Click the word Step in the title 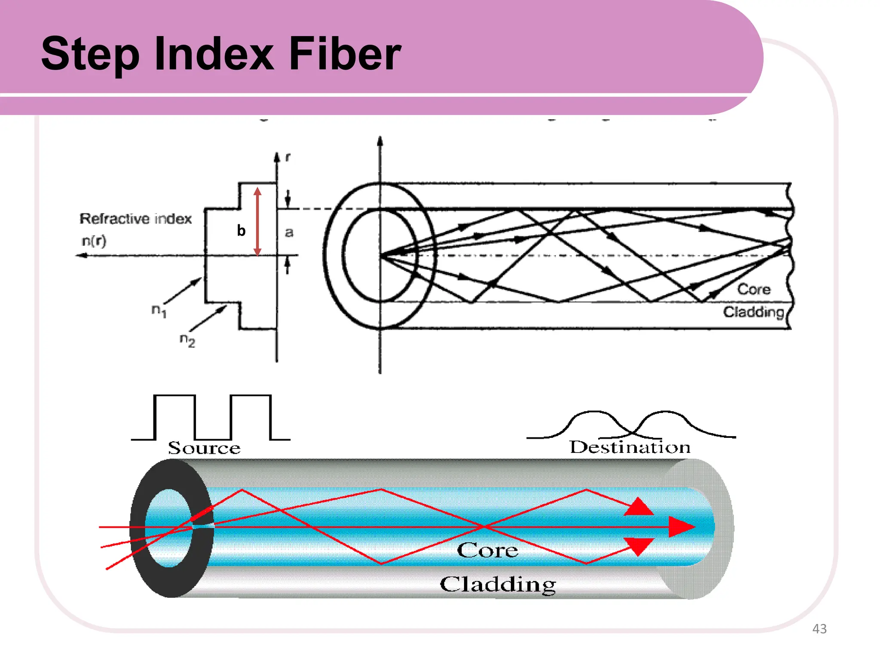(x=90, y=55)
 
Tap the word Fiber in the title (x=345, y=54)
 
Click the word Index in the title (x=214, y=54)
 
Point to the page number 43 (x=819, y=629)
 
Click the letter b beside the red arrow (x=241, y=231)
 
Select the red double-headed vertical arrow (x=257, y=221)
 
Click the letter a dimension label (x=289, y=232)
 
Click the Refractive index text (x=135, y=219)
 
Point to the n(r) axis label (x=94, y=241)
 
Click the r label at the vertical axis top (x=287, y=158)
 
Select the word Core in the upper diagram (x=754, y=289)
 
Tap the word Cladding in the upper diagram (x=753, y=312)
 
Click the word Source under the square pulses (x=204, y=448)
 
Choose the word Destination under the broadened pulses (x=630, y=447)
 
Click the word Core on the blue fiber (x=487, y=550)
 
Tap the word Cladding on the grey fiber (x=498, y=584)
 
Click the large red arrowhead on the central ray (x=681, y=527)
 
